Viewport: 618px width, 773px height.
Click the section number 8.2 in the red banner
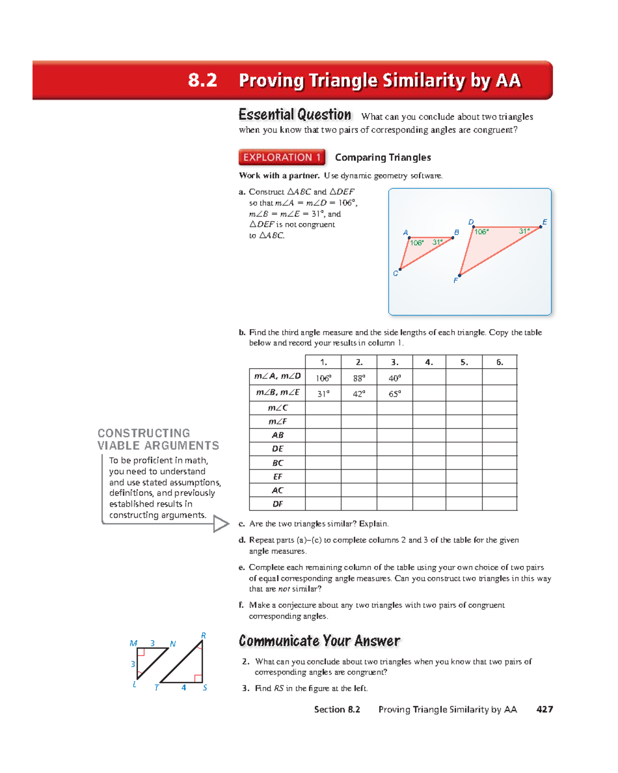click(x=202, y=80)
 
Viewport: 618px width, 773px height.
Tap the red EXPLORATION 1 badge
click(x=282, y=157)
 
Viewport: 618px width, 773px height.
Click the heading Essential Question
click(x=295, y=114)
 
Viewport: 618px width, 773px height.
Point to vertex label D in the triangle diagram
click(x=471, y=222)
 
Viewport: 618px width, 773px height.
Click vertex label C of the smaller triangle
click(x=396, y=273)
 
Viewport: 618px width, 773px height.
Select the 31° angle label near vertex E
click(x=524, y=231)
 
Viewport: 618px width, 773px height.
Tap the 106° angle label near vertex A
click(x=416, y=243)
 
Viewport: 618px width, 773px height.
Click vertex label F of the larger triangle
click(x=455, y=281)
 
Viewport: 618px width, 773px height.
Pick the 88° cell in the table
click(x=359, y=378)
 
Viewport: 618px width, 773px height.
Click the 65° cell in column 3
click(x=394, y=394)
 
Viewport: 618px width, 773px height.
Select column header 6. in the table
click(x=500, y=362)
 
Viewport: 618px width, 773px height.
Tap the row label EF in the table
click(x=278, y=477)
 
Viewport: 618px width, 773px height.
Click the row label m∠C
click(x=278, y=408)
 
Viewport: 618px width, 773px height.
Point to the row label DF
click(x=278, y=504)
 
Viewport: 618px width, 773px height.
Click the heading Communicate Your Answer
click(x=319, y=641)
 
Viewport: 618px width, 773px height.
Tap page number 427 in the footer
click(x=544, y=709)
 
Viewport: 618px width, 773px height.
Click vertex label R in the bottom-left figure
click(x=203, y=635)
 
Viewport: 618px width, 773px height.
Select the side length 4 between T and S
click(x=183, y=688)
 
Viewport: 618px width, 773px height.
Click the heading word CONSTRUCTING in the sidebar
click(x=144, y=433)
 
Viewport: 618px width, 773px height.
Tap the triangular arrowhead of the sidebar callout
click(x=221, y=524)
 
